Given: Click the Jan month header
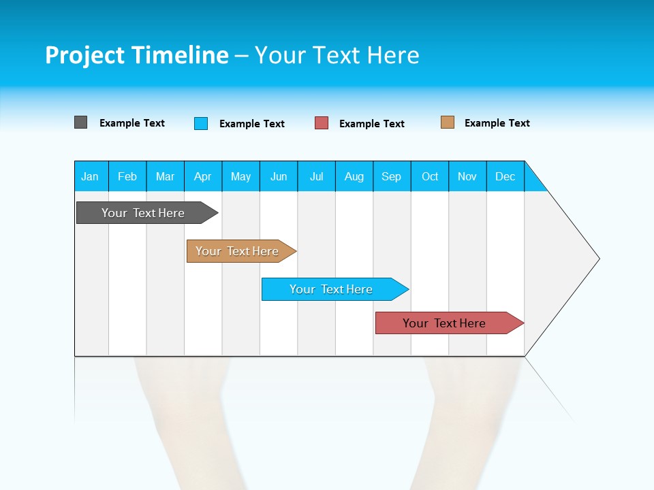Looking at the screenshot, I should [91, 176].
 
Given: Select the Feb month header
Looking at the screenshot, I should [127, 176].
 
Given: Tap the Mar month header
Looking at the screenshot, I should [165, 176].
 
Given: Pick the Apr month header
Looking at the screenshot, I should [203, 176].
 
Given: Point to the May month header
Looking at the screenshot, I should [240, 176].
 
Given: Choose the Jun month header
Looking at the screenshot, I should [279, 176].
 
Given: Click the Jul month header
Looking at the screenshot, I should [316, 176].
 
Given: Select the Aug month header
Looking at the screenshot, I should [354, 176].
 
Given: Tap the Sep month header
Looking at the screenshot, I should [392, 176].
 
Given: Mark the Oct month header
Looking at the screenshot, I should [430, 176].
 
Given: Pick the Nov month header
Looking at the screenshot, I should [467, 176].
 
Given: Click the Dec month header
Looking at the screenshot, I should [505, 176].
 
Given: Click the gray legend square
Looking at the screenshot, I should [80, 122].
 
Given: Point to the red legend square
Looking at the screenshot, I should [322, 123].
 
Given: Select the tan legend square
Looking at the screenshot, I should [447, 122].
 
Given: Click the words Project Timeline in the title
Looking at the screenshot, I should [136, 55].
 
